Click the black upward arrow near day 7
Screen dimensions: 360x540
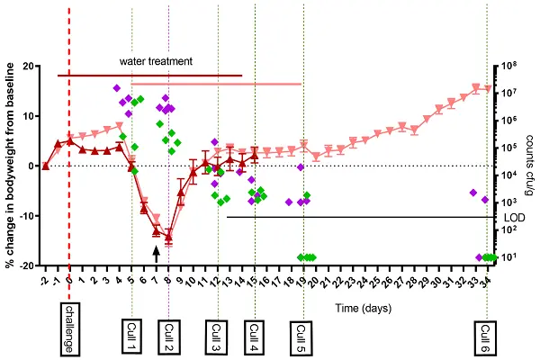157,254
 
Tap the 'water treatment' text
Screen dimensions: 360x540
156,62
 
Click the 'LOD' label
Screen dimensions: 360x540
509,217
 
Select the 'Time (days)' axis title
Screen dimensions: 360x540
363,308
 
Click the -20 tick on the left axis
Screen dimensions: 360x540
27,265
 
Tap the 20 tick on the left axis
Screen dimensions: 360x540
29,66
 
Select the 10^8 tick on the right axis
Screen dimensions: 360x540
510,65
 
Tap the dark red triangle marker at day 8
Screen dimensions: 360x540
168,238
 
